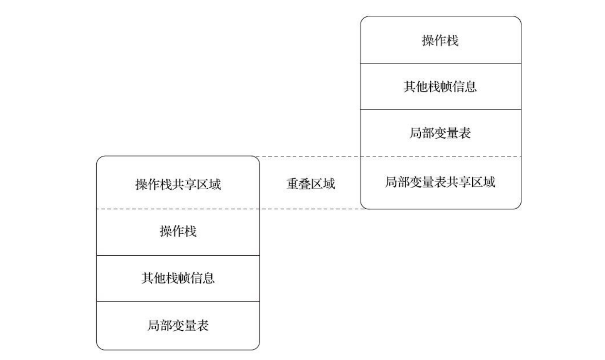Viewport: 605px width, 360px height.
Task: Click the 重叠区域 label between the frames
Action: [x=310, y=184]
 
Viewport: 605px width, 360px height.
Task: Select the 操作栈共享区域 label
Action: [x=178, y=184]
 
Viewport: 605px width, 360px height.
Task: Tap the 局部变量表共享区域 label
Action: [x=440, y=182]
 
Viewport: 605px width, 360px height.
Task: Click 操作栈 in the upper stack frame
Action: [x=440, y=40]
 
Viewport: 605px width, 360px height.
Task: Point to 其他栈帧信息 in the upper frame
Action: [x=440, y=87]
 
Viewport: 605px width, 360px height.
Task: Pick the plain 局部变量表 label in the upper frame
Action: [x=440, y=133]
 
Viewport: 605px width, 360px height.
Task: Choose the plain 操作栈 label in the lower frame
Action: [x=178, y=231]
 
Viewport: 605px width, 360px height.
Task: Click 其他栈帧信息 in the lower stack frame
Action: [x=178, y=278]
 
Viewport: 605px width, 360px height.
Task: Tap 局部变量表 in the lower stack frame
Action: [x=178, y=325]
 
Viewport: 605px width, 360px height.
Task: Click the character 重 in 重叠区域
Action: [x=292, y=184]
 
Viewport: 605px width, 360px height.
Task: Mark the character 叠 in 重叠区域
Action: [x=304, y=184]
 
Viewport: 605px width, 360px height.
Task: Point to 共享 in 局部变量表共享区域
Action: [x=458, y=182]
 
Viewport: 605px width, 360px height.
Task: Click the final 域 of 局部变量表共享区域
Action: [x=489, y=182]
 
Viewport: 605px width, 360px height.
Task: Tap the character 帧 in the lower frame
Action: [x=184, y=278]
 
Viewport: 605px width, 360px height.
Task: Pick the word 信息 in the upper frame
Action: [x=464, y=87]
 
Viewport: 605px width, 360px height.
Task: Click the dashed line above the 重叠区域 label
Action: [x=310, y=156]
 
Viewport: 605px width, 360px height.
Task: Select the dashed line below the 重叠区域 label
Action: [x=310, y=209]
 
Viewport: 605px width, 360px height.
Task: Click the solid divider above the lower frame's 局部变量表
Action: [x=178, y=301]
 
